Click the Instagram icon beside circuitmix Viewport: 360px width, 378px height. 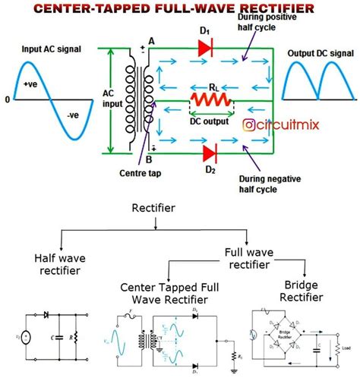coord(248,124)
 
